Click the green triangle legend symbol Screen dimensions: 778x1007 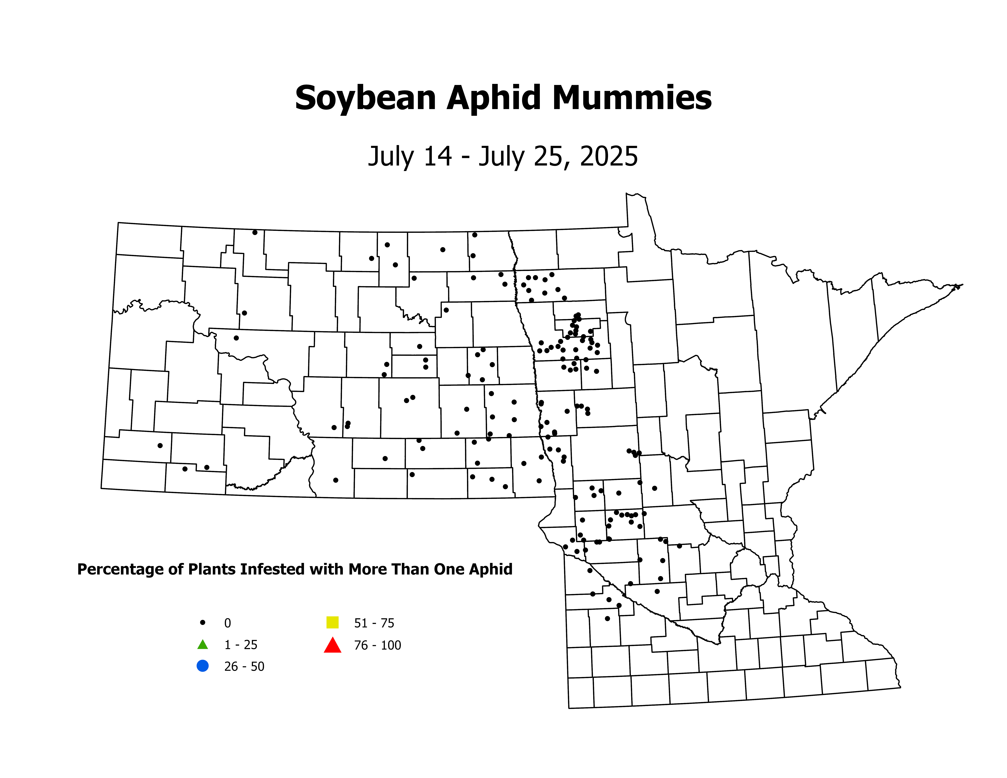[202, 644]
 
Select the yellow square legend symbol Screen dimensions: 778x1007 [332, 622]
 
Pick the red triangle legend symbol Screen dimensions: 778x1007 [332, 645]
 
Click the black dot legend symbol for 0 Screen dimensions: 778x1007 [202, 622]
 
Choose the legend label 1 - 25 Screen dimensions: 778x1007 [241, 645]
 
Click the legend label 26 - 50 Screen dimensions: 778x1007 [244, 666]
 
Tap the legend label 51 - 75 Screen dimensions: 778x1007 [374, 623]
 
